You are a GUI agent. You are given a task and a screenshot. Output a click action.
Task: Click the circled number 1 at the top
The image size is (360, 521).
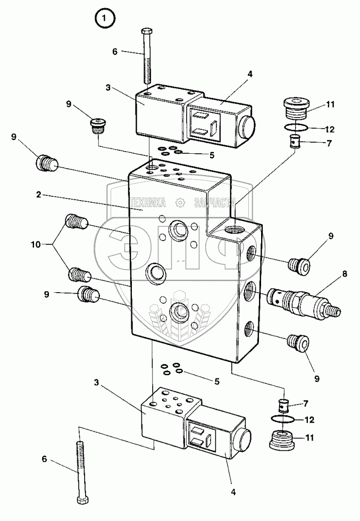[x=105, y=19]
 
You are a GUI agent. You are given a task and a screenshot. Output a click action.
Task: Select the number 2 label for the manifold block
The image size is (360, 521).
[x=39, y=195]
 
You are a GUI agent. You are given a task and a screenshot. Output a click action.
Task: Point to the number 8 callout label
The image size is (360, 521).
[x=345, y=274]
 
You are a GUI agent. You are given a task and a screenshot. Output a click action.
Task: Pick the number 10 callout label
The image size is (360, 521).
[x=36, y=245]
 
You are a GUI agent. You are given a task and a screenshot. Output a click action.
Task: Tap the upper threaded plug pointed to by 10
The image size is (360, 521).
[x=77, y=221]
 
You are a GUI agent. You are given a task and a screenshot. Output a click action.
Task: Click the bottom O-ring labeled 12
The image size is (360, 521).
[x=283, y=420]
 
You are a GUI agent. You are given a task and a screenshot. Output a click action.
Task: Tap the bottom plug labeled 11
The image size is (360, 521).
[x=282, y=439]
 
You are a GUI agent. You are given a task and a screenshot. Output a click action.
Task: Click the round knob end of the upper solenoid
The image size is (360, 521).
[x=246, y=127]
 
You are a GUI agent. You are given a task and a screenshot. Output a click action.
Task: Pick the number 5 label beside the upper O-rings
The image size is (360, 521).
[x=212, y=155]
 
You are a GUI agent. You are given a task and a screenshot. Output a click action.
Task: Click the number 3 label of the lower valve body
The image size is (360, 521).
[x=96, y=383]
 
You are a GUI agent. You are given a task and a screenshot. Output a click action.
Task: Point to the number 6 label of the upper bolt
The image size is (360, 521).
[x=115, y=52]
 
